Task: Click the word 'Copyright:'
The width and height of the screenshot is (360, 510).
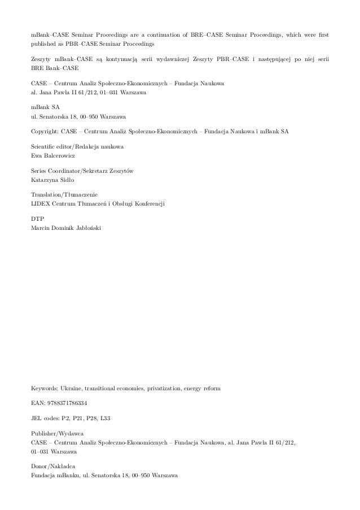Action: pos(46,131)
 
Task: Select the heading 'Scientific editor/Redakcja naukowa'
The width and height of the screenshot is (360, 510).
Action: pos(78,146)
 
